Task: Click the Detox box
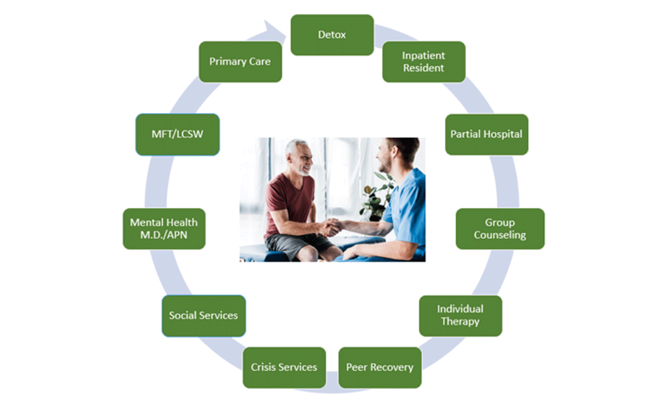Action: [332, 34]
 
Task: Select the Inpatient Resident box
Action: [424, 61]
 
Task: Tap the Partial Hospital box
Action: [486, 134]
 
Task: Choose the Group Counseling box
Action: [500, 228]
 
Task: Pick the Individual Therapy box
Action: [460, 315]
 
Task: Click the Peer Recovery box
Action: [379, 367]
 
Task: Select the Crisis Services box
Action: [284, 367]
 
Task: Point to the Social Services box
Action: [204, 315]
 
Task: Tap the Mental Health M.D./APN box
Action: [164, 228]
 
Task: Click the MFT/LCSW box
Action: [177, 134]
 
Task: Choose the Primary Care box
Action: [240, 61]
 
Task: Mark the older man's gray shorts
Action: [291, 246]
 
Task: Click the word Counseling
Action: [500, 235]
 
